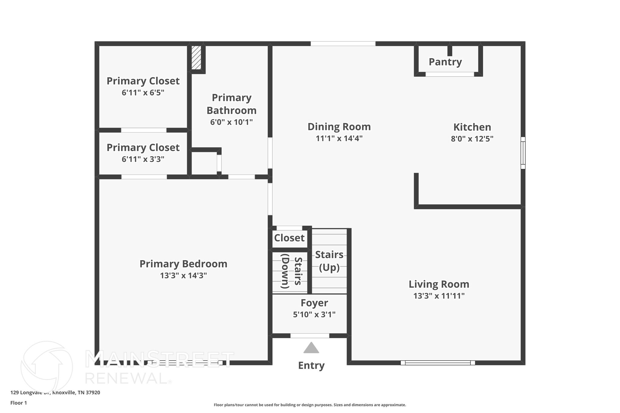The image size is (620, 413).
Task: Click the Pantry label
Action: [x=445, y=62]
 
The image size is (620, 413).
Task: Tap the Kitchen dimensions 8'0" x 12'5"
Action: [x=472, y=139]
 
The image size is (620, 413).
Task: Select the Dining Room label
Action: [x=339, y=126]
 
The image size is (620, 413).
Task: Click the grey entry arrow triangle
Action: [x=311, y=348]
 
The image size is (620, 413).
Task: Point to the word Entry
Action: [x=311, y=365]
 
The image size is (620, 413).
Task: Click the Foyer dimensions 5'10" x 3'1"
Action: [x=314, y=315]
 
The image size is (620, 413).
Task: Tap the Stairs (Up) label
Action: [x=329, y=261]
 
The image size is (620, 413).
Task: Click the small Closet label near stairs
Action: [x=289, y=238]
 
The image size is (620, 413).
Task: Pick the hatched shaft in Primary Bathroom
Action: [x=196, y=57]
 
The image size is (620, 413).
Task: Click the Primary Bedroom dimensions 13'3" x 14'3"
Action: [x=183, y=276]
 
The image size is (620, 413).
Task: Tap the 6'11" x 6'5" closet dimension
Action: [x=143, y=93]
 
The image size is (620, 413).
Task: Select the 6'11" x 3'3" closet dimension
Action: [x=143, y=159]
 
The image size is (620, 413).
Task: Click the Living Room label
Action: [x=439, y=284]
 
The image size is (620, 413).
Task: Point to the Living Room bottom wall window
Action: [x=437, y=363]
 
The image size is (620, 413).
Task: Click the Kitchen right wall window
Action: [x=523, y=153]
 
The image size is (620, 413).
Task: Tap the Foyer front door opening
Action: [x=310, y=336]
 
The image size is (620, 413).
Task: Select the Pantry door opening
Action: [x=450, y=74]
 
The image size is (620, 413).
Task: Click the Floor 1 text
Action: [x=18, y=403]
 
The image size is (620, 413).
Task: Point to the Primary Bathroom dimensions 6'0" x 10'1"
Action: [x=231, y=122]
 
